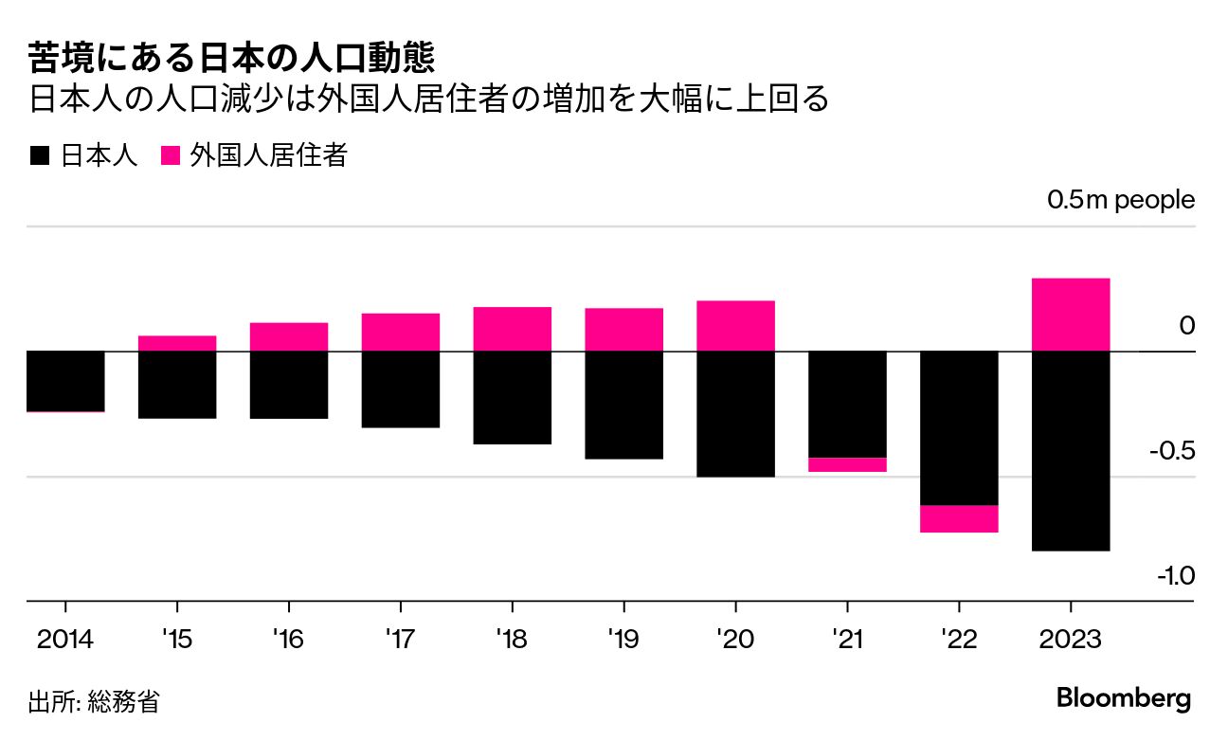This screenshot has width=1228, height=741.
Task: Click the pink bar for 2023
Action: click(x=1070, y=315)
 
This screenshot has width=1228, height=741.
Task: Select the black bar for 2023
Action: click(x=1070, y=450)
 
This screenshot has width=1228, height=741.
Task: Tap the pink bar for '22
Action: click(x=959, y=519)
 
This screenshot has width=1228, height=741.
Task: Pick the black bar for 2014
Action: click(x=64, y=381)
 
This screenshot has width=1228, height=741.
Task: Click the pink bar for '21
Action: click(x=847, y=464)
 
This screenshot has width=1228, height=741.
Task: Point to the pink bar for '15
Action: click(x=177, y=343)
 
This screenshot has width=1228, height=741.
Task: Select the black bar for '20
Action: click(x=735, y=414)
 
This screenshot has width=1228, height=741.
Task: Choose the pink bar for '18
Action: click(x=512, y=329)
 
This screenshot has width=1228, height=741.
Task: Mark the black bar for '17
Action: click(x=400, y=389)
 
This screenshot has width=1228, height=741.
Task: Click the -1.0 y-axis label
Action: click(x=1175, y=575)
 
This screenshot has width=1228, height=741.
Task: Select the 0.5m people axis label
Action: click(x=1120, y=201)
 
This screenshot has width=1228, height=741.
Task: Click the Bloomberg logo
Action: click(x=1123, y=699)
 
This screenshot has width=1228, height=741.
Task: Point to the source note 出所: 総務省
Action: click(x=94, y=702)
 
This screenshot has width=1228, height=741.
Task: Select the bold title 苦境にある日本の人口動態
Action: click(x=231, y=59)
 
